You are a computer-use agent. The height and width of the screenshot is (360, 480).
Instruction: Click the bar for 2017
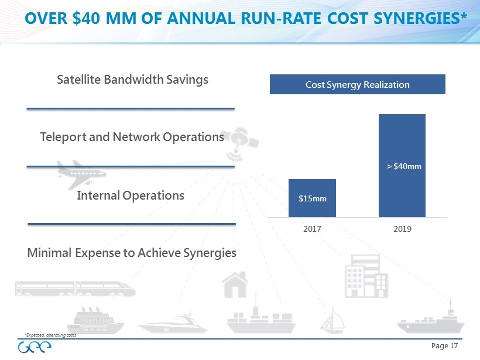(x=312, y=198)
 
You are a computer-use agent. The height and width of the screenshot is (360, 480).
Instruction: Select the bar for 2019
(x=402, y=165)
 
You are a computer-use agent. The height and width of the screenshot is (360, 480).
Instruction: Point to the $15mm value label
(x=313, y=198)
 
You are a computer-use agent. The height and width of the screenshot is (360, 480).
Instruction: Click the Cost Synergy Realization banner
(x=357, y=84)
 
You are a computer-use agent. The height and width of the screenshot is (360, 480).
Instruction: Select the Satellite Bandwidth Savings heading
(x=132, y=79)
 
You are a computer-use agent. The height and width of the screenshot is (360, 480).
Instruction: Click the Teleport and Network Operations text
(x=132, y=137)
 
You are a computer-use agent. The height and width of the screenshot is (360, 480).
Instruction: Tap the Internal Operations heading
(x=131, y=195)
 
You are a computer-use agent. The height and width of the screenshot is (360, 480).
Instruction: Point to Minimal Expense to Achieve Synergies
(x=132, y=253)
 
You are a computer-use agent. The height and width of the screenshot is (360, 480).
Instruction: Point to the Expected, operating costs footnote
(x=50, y=335)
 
